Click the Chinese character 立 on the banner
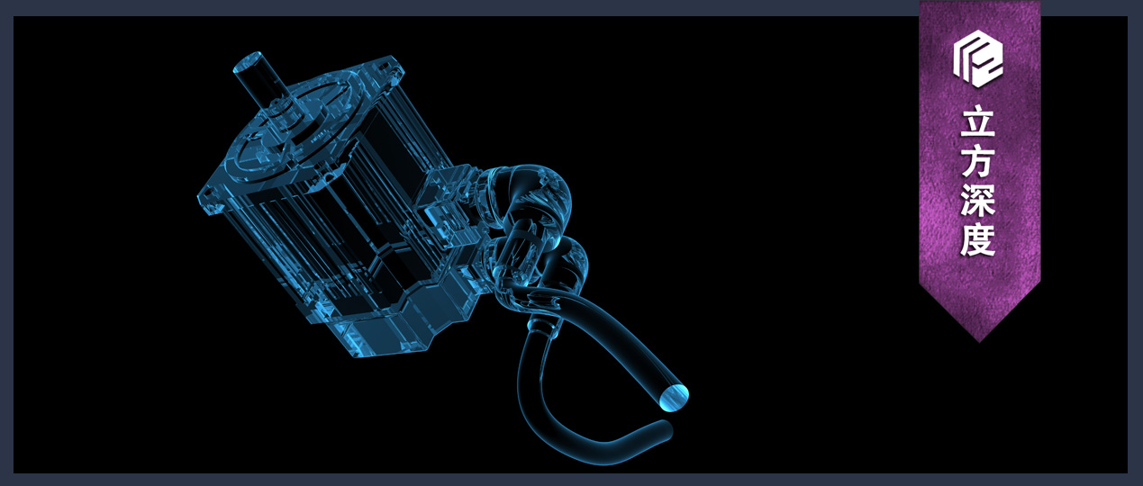977,121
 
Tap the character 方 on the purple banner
977,162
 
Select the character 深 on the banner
977,201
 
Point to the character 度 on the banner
977,240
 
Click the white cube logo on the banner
977,58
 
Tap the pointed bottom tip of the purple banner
979,342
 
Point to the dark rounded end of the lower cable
665,429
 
